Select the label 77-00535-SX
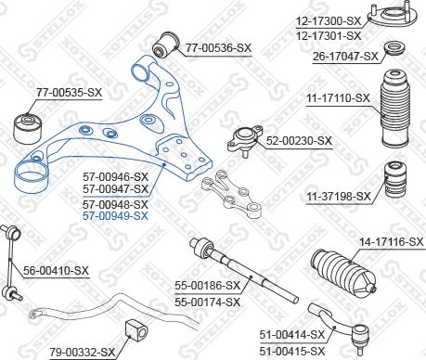pos(68,93)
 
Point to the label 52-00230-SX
pos(299,141)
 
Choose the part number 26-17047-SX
pos(345,56)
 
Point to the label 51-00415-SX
pos(294,350)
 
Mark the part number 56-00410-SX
pos(56,271)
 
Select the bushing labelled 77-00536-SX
pos(169,42)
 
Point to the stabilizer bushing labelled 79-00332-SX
pos(134,328)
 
